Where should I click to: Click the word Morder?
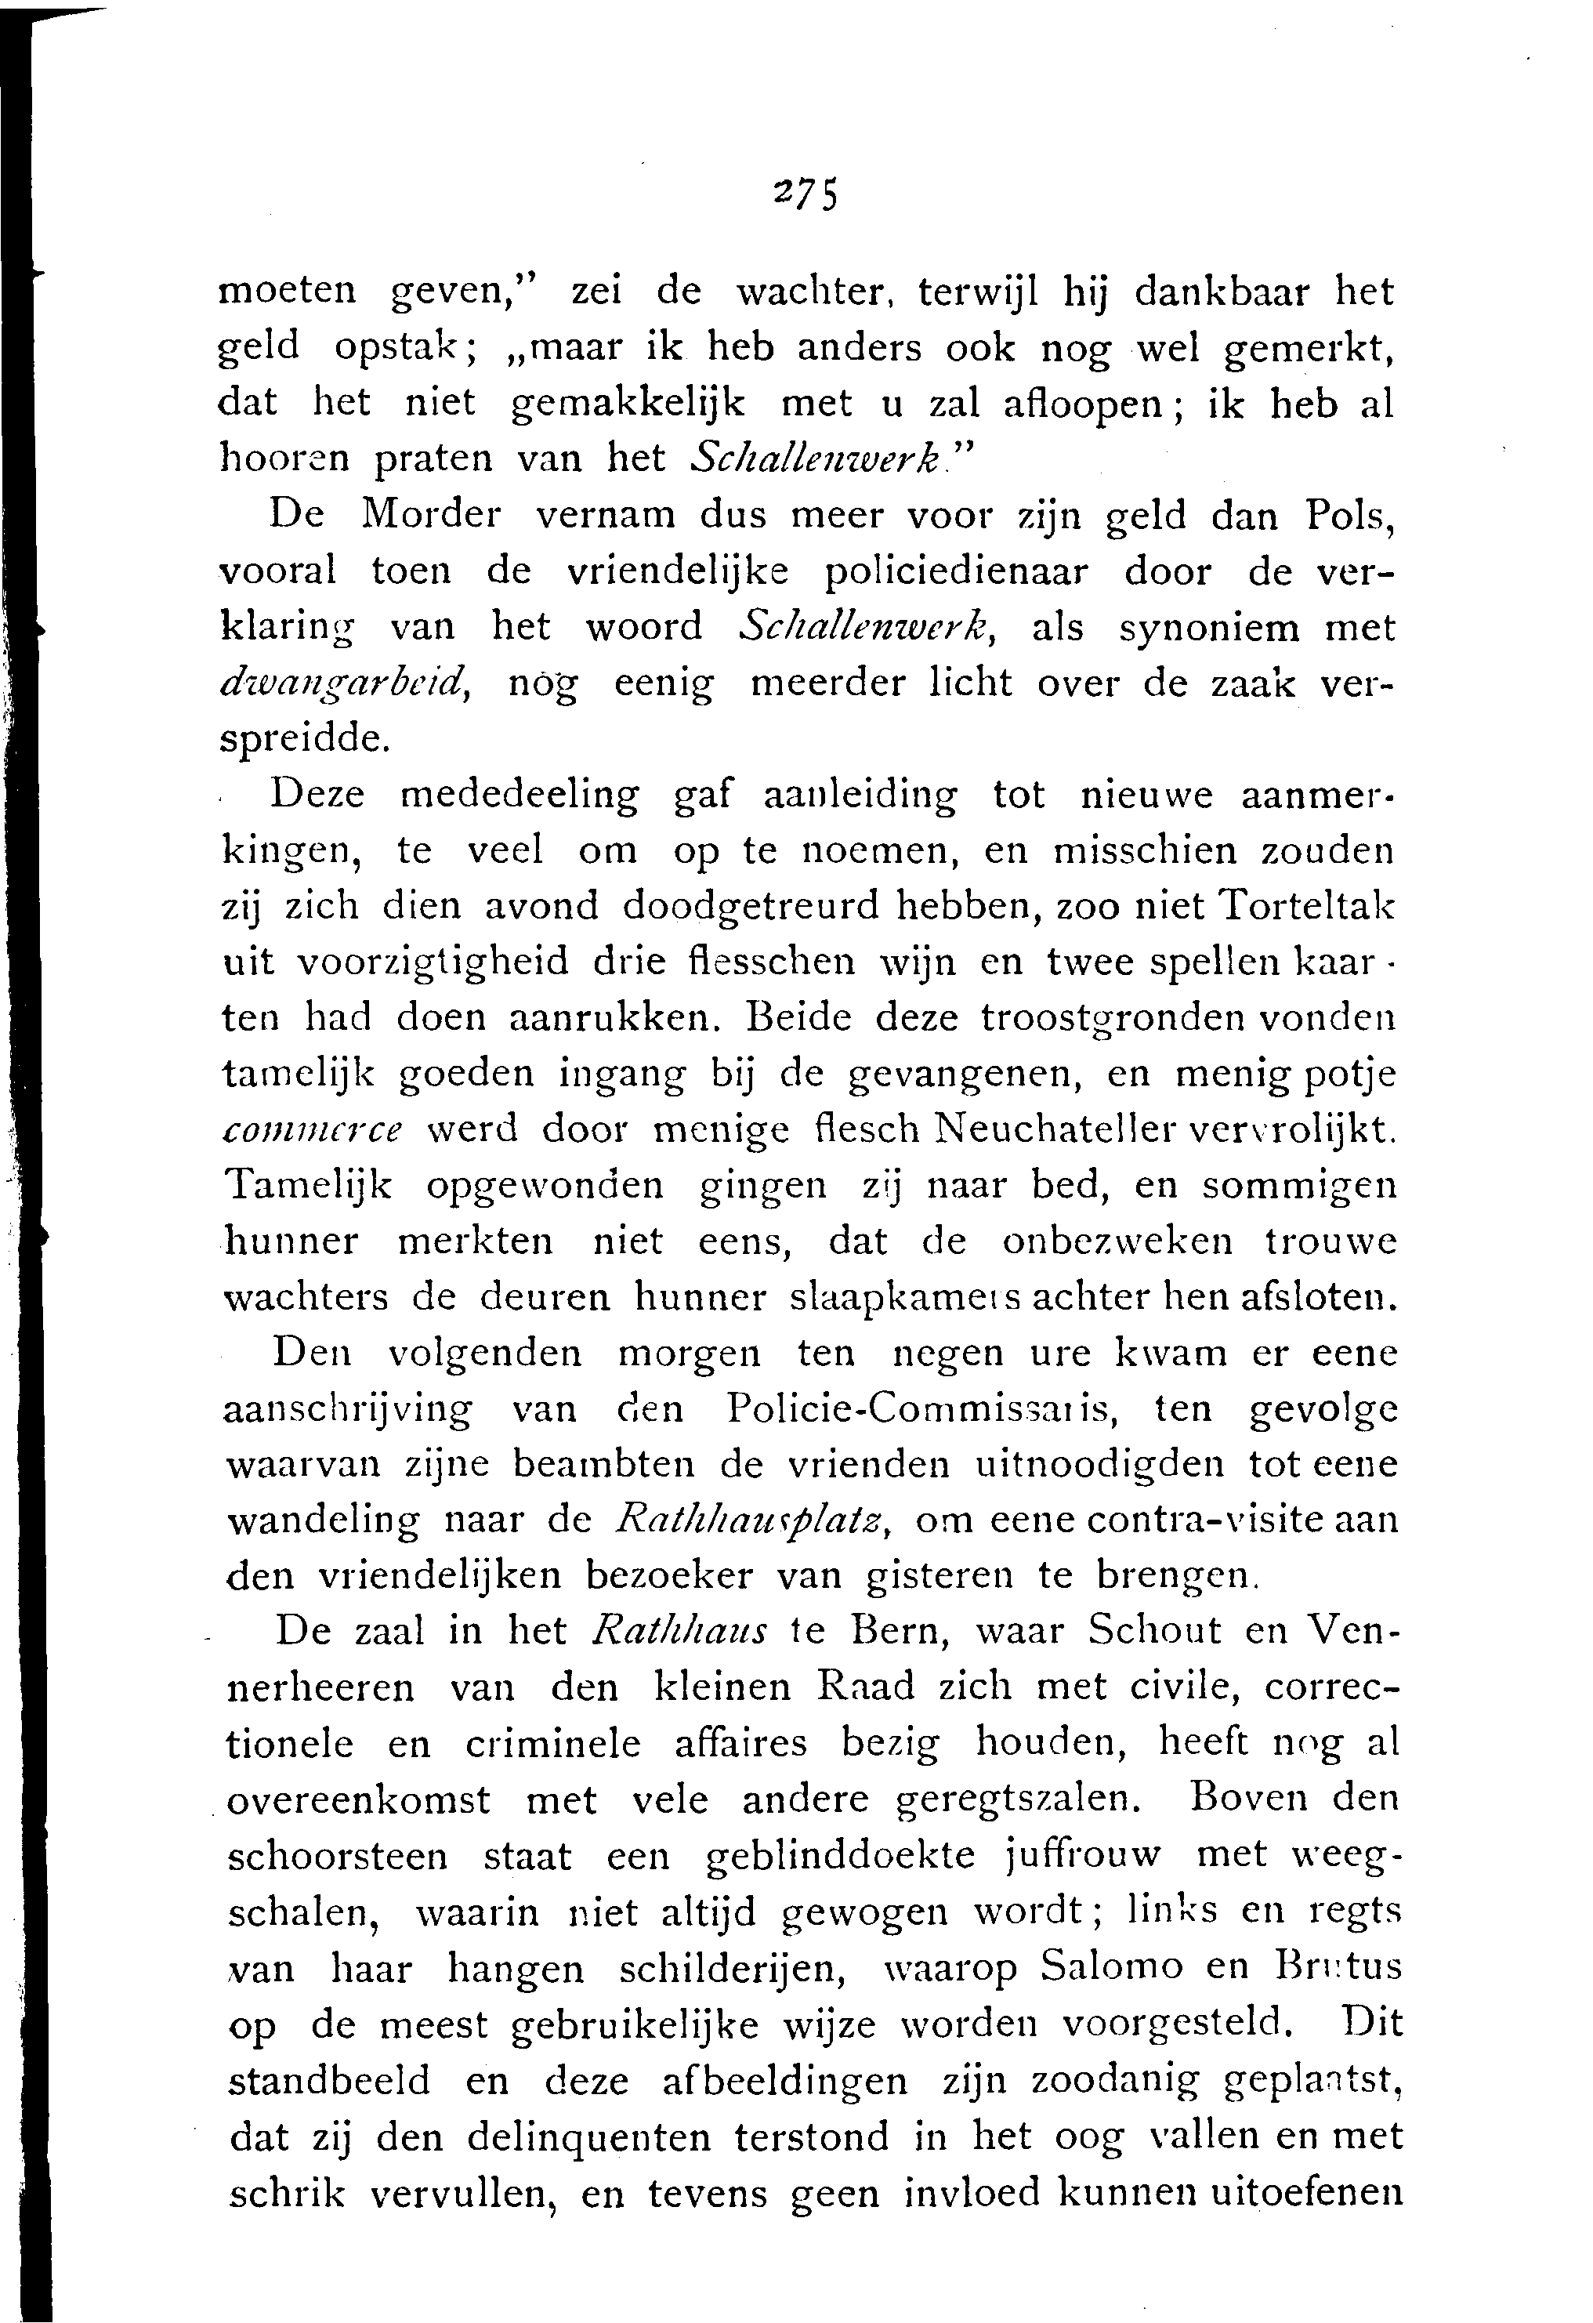[x=432, y=514]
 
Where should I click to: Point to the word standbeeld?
[x=330, y=2080]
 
